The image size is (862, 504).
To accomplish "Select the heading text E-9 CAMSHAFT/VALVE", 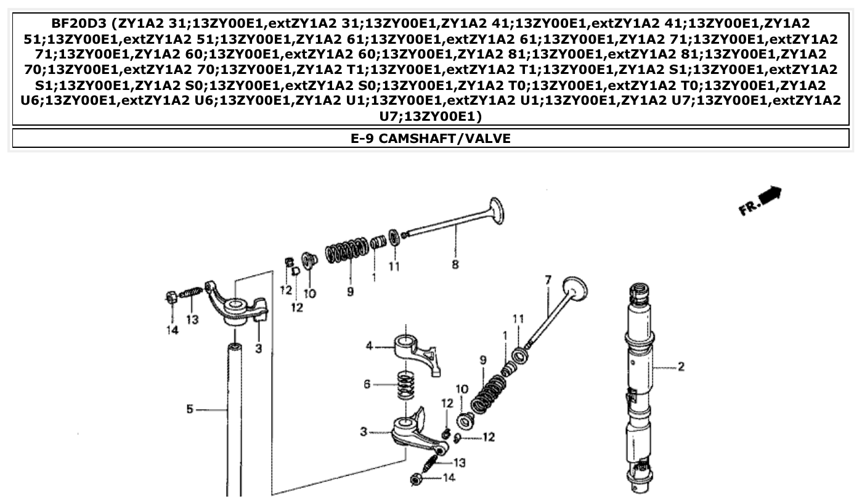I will pyautogui.click(x=431, y=139).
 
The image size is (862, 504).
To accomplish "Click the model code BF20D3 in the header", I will pyautogui.click(x=84, y=24).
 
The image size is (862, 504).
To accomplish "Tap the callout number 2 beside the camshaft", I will pyautogui.click(x=681, y=367).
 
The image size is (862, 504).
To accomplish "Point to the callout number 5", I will pyautogui.click(x=190, y=408).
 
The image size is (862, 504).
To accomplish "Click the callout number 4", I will pyautogui.click(x=370, y=346).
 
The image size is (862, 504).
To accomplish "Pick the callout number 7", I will pyautogui.click(x=548, y=280).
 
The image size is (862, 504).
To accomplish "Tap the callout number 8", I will pyautogui.click(x=455, y=264).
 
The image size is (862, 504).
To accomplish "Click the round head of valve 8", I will pyautogui.click(x=497, y=210).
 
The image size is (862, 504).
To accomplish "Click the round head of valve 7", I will pyautogui.click(x=575, y=288).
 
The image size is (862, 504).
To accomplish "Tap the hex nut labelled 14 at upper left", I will pyautogui.click(x=172, y=297).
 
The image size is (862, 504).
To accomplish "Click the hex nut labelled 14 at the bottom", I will pyautogui.click(x=416, y=478).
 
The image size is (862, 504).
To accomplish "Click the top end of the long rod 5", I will pyautogui.click(x=234, y=349).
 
